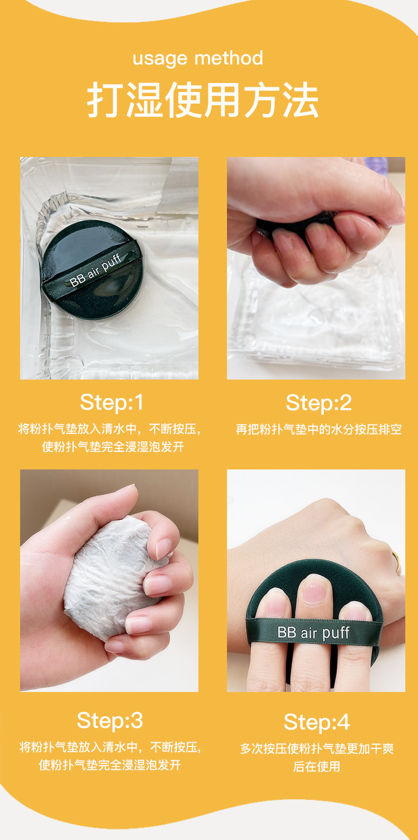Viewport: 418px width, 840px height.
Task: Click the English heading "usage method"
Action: tap(198, 59)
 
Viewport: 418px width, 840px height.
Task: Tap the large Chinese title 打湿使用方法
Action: tap(203, 100)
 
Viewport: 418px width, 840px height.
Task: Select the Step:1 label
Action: tap(112, 402)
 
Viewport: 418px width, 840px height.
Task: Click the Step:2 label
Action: tap(319, 403)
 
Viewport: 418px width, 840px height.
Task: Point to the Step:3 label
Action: tap(110, 721)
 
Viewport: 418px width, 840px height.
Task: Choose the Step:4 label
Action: tap(317, 722)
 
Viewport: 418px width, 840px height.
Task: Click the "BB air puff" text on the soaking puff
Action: tap(95, 270)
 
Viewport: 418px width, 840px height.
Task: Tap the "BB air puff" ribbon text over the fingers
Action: tap(313, 632)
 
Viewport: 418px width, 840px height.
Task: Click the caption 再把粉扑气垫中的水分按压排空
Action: tap(319, 429)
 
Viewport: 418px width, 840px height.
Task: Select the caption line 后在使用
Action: tap(317, 767)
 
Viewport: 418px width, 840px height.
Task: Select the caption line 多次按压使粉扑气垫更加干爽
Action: tap(317, 749)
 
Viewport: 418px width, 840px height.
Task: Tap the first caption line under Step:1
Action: tap(110, 429)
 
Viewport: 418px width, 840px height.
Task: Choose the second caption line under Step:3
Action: tap(110, 765)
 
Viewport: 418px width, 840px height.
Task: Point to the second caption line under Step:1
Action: tap(113, 447)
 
